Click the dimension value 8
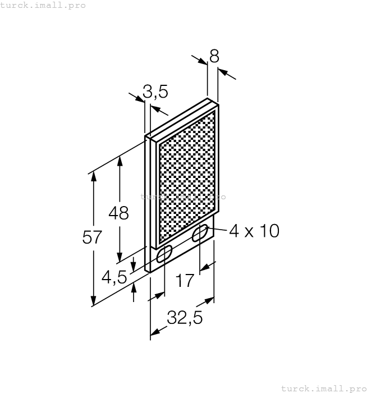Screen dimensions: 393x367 coord(214,56)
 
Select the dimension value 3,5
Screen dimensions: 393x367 coord(155,91)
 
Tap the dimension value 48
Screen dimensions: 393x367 coord(118,213)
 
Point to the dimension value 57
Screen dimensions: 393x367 coord(93,237)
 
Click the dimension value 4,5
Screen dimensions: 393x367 coord(114,277)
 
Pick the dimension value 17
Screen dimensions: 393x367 coord(185,280)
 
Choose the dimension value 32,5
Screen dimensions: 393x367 coord(184,318)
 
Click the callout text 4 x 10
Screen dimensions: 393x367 coord(254,231)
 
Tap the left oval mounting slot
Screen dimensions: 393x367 coord(164,255)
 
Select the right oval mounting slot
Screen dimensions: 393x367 coord(199,234)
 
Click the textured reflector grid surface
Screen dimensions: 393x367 coord(187,177)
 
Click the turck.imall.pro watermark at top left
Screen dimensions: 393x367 coord(43,5)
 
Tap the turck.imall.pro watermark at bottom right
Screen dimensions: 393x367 coord(322,388)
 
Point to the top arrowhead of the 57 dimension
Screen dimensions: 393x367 coord(93,175)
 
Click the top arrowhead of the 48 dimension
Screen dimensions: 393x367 coord(119,161)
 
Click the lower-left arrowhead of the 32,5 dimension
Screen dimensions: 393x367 coord(154,332)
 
